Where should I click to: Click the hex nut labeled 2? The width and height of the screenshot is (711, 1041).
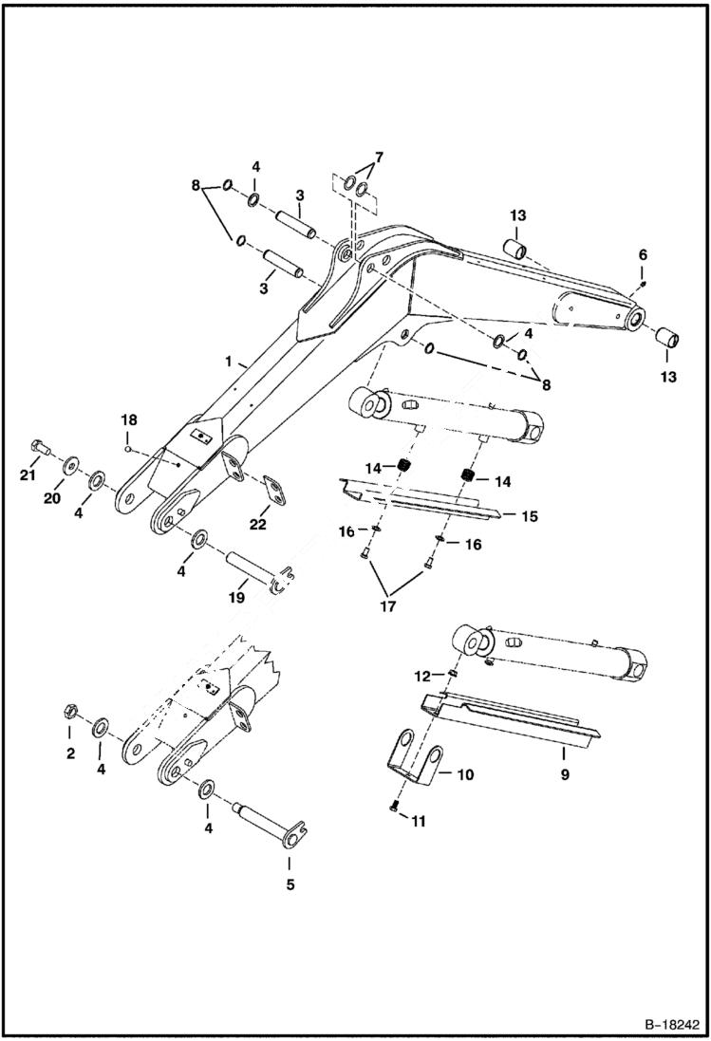coord(68,709)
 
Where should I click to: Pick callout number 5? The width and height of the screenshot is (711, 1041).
coord(290,885)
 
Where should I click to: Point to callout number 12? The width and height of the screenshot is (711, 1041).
coord(423,676)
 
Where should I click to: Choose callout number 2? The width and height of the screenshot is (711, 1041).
coord(68,754)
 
